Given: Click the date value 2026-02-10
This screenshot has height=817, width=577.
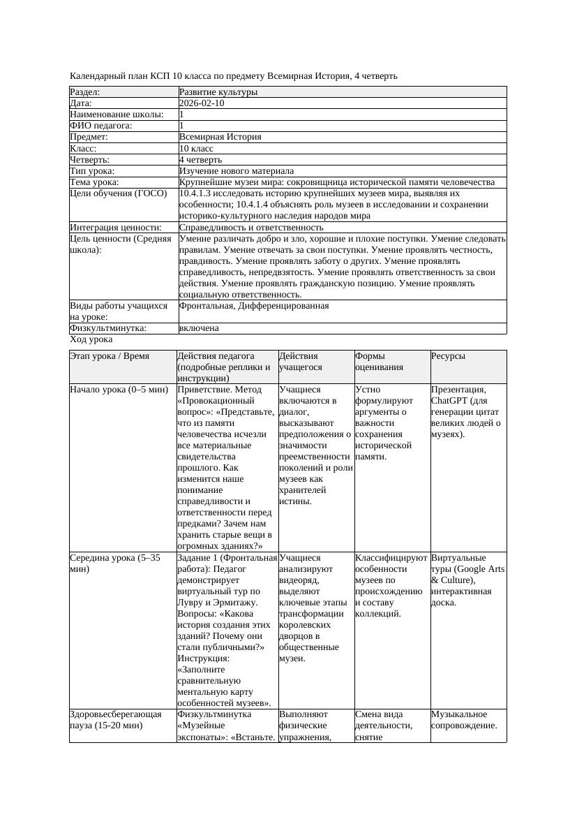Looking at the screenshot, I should tap(202, 103).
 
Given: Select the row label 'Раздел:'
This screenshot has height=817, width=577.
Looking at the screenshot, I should tap(85, 92).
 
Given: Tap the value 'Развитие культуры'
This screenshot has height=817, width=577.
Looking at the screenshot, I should tap(218, 92).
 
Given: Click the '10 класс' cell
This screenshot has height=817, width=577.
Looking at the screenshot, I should tap(196, 149).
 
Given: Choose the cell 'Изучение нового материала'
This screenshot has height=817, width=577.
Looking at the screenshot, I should tap(237, 171).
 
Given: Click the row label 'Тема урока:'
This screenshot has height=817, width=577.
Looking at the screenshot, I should tap(94, 182).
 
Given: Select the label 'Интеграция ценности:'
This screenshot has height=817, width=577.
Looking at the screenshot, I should tap(116, 228).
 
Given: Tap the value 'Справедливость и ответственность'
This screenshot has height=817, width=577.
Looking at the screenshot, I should tap(251, 228).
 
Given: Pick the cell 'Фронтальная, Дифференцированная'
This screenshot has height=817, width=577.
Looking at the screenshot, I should tap(254, 306).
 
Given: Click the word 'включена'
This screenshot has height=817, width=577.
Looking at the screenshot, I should tap(199, 328).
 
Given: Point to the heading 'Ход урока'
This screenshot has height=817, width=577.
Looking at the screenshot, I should tap(91, 339).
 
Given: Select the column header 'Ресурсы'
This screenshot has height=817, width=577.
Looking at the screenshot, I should tap(448, 356).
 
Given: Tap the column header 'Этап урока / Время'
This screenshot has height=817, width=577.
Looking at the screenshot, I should tap(110, 356).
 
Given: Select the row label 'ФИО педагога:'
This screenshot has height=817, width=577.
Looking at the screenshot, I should tap(101, 126).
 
